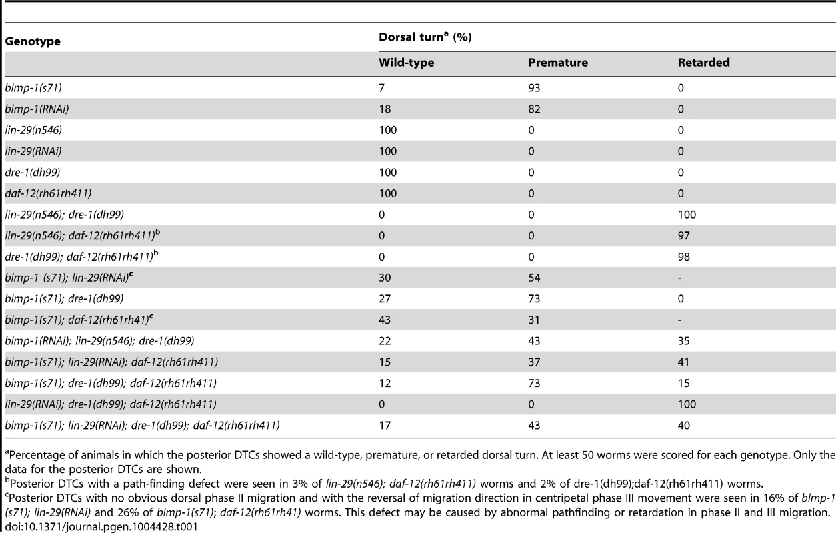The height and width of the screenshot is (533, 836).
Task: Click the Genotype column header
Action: click(x=33, y=41)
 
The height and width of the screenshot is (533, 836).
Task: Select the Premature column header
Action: click(x=558, y=62)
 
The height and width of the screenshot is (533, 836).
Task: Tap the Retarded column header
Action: click(x=703, y=62)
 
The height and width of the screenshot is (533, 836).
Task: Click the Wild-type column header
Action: click(x=407, y=63)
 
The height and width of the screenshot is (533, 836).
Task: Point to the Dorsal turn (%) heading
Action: click(x=425, y=37)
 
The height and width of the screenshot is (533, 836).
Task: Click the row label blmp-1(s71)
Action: click(x=33, y=88)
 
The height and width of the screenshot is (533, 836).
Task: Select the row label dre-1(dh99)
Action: click(x=33, y=172)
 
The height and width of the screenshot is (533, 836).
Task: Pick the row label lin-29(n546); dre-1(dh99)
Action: click(x=64, y=215)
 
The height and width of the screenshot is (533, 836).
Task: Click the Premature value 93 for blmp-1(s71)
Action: click(x=534, y=88)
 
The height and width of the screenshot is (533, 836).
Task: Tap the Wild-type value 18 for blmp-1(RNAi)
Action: click(x=385, y=109)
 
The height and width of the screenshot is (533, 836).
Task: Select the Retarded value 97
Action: click(x=684, y=235)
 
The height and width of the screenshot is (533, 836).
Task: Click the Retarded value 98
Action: click(x=684, y=257)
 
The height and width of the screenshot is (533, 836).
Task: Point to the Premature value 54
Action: click(x=534, y=278)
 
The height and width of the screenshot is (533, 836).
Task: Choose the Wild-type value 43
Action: click(x=385, y=320)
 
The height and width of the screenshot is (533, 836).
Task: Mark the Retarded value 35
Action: click(x=684, y=341)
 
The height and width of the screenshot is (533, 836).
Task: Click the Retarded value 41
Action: click(x=684, y=362)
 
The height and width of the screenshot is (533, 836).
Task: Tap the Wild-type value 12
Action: click(x=385, y=384)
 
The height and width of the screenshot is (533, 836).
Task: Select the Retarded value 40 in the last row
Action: click(x=684, y=426)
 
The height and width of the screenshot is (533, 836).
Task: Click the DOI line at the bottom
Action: click(x=101, y=526)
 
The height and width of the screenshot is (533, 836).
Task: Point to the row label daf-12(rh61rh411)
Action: click(x=48, y=193)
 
